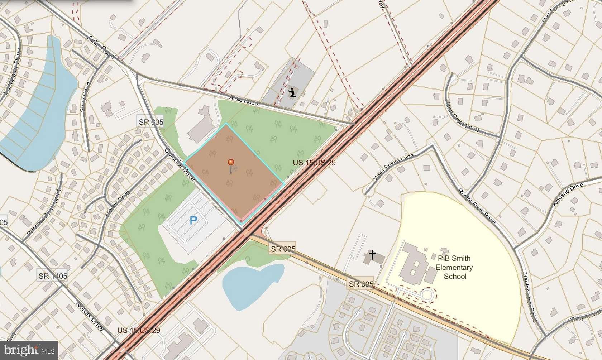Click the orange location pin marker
pyautogui.click(x=231, y=163)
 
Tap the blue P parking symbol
pyautogui.click(x=193, y=220)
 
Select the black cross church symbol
pyautogui.click(x=373, y=255)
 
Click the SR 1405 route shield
pyautogui.click(x=53, y=276)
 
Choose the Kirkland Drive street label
pyautogui.click(x=568, y=194)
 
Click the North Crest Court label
pyautogui.click(x=462, y=115)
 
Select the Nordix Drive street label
pyautogui.click(x=90, y=316)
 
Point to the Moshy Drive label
pyautogui.click(x=117, y=204)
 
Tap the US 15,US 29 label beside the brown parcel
pyautogui.click(x=314, y=163)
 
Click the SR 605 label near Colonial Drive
pyautogui.click(x=151, y=122)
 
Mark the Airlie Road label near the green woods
pyautogui.click(x=244, y=101)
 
